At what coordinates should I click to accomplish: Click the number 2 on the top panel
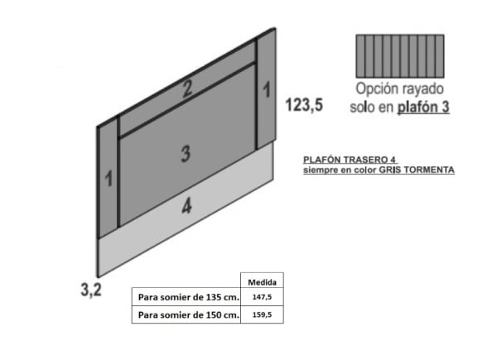click(188, 89)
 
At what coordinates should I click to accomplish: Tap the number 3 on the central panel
click(186, 152)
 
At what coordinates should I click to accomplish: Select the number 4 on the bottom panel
click(186, 207)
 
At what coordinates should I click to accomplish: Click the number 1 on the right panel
click(267, 89)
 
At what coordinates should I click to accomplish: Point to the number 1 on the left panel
click(109, 178)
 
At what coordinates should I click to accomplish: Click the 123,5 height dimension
click(304, 105)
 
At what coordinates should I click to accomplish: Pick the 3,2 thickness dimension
click(90, 290)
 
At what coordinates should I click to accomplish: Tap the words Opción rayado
click(401, 89)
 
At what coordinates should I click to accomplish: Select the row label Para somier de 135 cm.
click(188, 297)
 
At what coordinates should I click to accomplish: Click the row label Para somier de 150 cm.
click(188, 315)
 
